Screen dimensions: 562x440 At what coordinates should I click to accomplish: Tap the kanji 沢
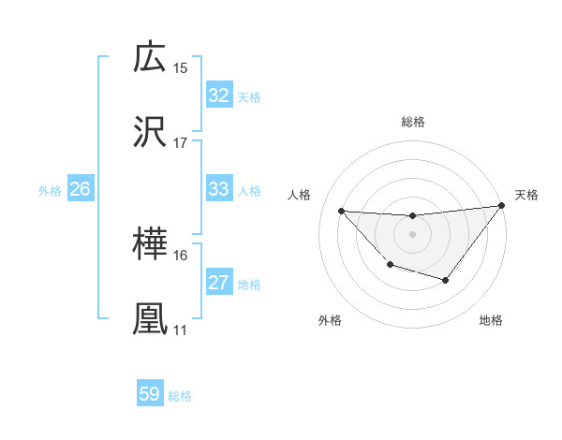[151, 132]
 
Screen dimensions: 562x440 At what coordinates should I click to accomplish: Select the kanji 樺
[151, 245]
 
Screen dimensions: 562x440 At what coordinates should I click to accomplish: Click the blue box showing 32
[218, 95]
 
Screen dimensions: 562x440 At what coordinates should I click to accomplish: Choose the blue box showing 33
[218, 189]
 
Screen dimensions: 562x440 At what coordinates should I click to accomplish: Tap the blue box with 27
[218, 283]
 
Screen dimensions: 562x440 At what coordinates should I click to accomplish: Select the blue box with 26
[80, 189]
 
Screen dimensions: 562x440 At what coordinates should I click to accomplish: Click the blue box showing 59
[150, 394]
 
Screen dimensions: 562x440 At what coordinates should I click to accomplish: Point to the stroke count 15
[181, 68]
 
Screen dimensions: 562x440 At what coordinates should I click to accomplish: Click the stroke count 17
[181, 143]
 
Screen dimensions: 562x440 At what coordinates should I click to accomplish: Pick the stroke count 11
[181, 330]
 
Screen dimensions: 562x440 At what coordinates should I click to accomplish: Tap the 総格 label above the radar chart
[413, 122]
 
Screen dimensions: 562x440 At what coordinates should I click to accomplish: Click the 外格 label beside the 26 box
[50, 190]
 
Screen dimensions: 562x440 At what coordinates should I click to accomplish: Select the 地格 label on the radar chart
[491, 320]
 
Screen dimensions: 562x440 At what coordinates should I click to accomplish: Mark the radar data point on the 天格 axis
[501, 206]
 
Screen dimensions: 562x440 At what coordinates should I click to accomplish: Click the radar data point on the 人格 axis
[341, 211]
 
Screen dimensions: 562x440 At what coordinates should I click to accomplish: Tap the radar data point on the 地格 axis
[446, 280]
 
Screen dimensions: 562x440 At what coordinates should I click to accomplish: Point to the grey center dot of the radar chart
[412, 234]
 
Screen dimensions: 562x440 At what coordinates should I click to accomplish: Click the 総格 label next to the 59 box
[180, 396]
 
